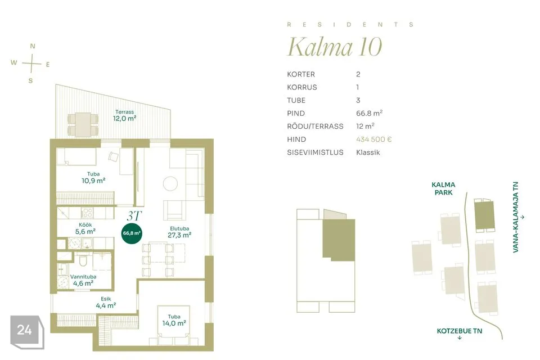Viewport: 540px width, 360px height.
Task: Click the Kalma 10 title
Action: [x=335, y=47]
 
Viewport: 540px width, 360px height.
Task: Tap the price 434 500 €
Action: [x=373, y=139]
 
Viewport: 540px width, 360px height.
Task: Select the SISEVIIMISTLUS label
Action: [x=315, y=152]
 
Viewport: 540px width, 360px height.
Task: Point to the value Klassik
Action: [x=368, y=152]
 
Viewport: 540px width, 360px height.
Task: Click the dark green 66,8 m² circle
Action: [x=132, y=233]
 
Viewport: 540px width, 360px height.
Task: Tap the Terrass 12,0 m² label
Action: [x=125, y=115]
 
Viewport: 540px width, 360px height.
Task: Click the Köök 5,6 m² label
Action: [x=85, y=228]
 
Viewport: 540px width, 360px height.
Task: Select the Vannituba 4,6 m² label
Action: [x=83, y=280]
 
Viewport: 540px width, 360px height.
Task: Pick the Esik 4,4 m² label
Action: [x=106, y=303]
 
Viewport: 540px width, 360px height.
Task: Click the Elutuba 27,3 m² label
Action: [x=179, y=232]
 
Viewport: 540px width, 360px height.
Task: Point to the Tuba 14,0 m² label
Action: [x=174, y=320]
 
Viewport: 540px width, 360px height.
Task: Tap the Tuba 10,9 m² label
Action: [x=93, y=177]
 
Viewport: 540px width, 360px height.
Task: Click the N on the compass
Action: [x=33, y=46]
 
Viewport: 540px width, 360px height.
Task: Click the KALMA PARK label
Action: [x=443, y=188]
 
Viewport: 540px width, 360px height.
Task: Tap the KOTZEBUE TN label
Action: [x=460, y=331]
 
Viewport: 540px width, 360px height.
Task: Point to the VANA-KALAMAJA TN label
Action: [x=516, y=217]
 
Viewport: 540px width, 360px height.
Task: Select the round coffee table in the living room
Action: [x=170, y=183]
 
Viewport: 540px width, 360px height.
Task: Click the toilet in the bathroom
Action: [x=83, y=260]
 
